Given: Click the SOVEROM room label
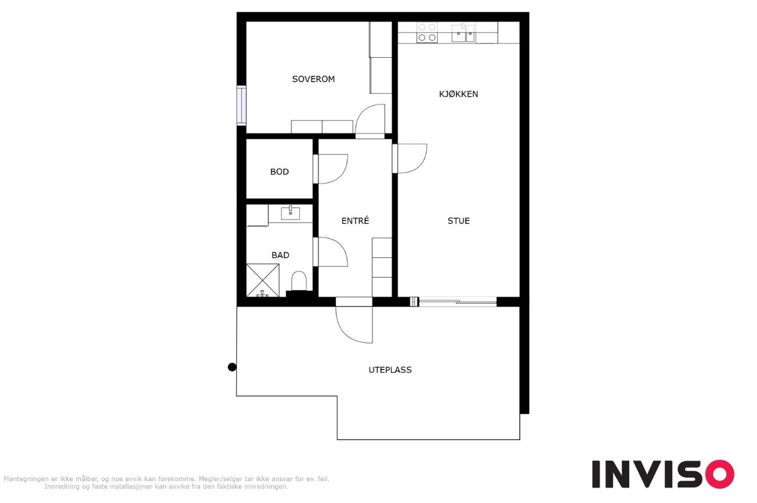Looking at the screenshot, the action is point(313,79).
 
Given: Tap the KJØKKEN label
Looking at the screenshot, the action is point(458,94).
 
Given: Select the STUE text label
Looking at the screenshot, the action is point(458,221).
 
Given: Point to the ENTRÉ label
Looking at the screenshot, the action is point(355,221).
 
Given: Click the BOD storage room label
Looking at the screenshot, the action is point(279,172).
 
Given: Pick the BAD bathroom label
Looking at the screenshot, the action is point(281,255).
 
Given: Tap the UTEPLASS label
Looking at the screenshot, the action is point(390,370).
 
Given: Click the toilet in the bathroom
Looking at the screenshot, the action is point(299,281).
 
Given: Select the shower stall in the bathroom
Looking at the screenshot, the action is point(263,280).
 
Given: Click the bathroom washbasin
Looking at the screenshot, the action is point(291,212).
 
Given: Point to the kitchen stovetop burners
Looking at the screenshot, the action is point(427,32).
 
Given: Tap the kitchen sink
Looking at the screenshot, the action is point(463,33).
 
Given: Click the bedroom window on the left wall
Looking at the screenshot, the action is point(241,105).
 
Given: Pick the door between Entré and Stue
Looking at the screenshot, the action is point(410,158).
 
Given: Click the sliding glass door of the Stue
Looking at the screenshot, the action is point(453,302).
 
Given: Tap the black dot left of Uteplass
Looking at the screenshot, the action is point(232,367).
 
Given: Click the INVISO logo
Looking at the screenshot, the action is point(663,474).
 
